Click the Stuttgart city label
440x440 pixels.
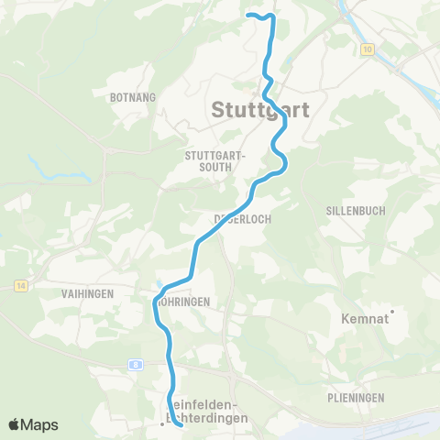260,109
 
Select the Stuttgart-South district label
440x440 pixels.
215,160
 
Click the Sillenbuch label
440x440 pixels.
356,210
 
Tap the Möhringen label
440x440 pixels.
183,301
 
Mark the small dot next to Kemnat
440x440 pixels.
392,313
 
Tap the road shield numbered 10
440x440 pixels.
368,49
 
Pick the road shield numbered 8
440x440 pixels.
136,364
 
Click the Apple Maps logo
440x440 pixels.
33,424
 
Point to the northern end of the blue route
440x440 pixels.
249,15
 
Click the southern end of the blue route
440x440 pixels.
180,424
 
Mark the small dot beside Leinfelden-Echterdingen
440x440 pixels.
162,423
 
